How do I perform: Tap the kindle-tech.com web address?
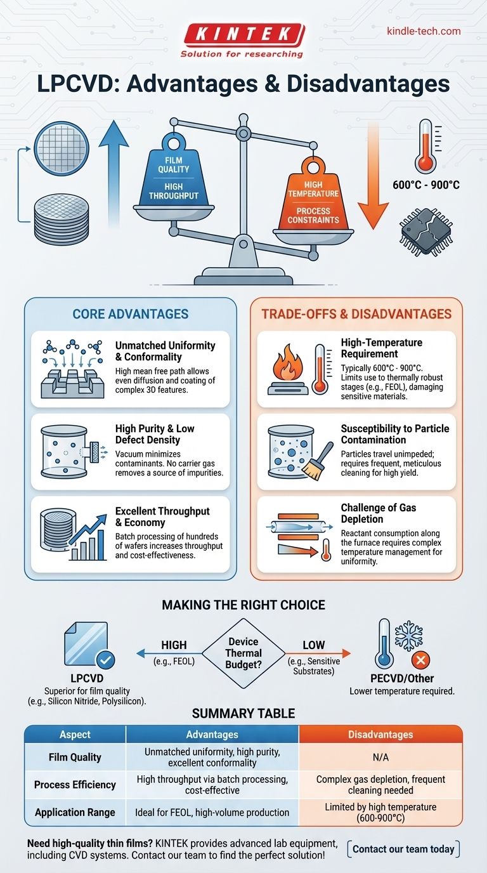point(423,31)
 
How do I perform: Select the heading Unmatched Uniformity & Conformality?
point(165,351)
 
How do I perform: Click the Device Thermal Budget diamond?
point(243,653)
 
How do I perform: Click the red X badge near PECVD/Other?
point(420,661)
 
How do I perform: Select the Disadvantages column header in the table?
point(380,734)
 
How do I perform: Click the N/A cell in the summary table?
point(380,757)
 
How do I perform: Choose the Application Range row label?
point(75,812)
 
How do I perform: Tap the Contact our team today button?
point(403,849)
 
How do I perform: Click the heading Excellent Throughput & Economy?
point(162,517)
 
